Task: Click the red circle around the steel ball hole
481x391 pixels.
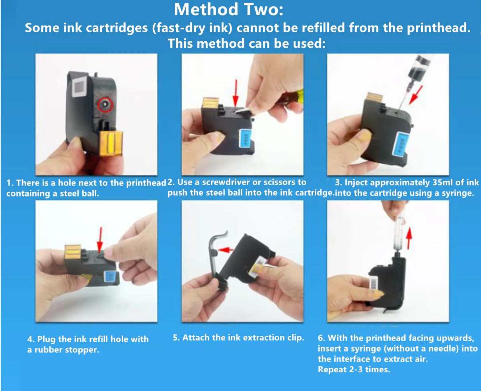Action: (105, 105)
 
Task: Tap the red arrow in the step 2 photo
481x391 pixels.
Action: (236, 93)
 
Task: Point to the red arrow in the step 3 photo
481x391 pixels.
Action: (415, 95)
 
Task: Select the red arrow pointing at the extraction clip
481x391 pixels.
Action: (226, 250)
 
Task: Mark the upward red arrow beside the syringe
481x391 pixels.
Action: (409, 238)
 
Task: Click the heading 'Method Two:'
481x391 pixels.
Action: (228, 10)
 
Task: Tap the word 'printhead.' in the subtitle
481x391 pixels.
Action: (438, 28)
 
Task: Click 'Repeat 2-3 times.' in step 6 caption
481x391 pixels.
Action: (354, 370)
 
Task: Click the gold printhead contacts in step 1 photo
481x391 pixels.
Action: (111, 144)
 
